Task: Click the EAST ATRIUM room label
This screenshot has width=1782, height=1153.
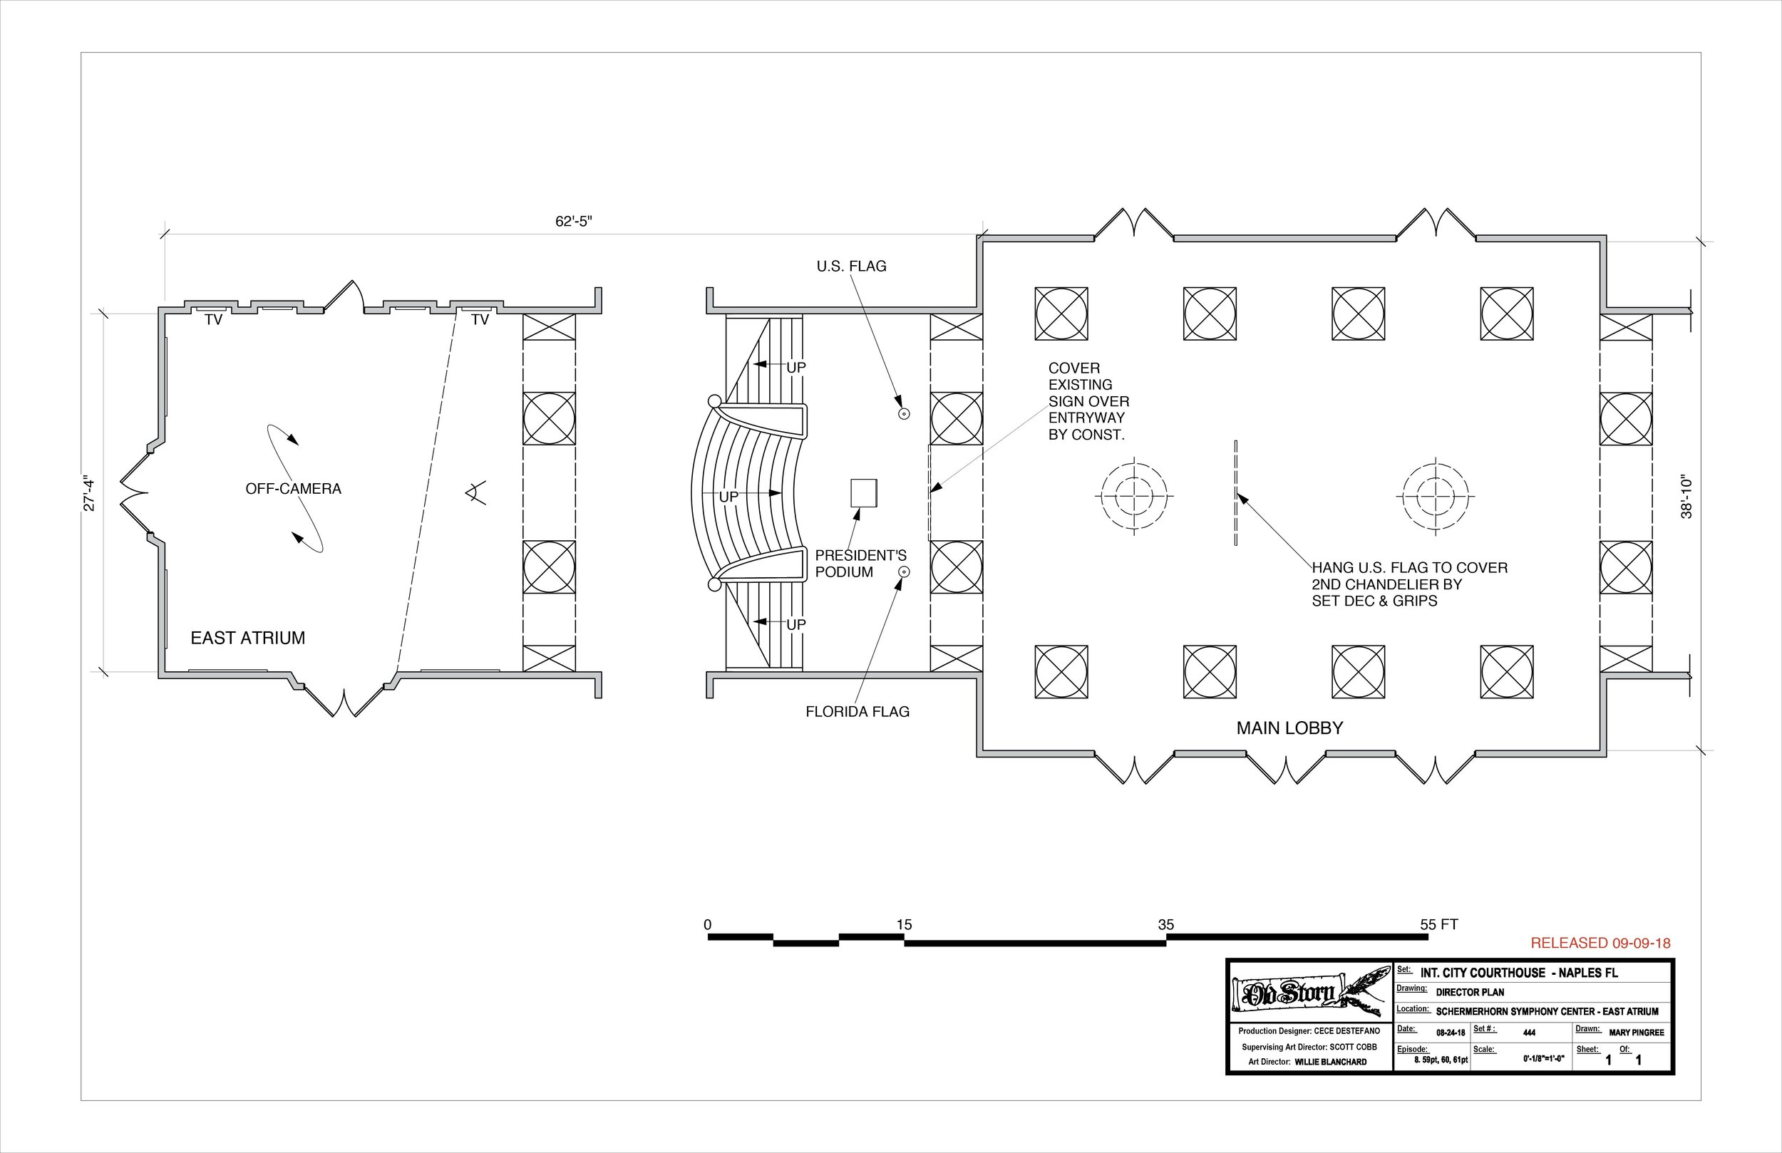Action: point(248,638)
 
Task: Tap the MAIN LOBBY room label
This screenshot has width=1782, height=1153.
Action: point(1289,728)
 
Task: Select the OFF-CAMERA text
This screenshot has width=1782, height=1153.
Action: point(294,489)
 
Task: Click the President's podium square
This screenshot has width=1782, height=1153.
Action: point(863,493)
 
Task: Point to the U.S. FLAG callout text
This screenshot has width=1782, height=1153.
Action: point(851,267)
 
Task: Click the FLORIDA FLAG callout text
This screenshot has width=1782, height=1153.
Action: point(857,712)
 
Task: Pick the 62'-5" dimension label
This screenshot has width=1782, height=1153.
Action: point(574,222)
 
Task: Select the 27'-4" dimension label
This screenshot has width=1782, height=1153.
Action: point(89,493)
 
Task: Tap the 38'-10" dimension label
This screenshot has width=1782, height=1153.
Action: point(1687,496)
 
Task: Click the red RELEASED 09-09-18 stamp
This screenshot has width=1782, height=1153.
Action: point(1600,943)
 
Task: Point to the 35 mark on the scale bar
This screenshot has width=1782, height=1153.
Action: point(1166,925)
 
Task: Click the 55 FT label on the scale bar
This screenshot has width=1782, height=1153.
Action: point(1438,925)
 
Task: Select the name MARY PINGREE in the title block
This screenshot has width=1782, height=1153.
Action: point(1636,1033)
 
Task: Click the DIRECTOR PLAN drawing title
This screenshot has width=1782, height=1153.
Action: point(1471,992)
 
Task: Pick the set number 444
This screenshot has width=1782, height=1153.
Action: point(1529,1033)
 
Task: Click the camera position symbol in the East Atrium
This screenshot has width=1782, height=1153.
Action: point(474,492)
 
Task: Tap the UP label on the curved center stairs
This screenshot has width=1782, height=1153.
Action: point(728,497)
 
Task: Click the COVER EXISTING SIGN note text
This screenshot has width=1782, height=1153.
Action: point(1088,401)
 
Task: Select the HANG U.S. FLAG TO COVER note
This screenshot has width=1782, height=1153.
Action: point(1409,584)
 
